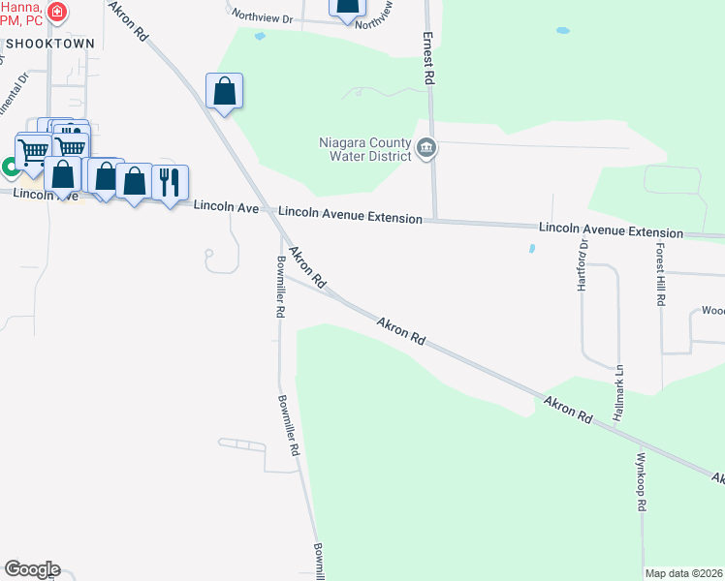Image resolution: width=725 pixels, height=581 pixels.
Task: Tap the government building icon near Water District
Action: pos(426,149)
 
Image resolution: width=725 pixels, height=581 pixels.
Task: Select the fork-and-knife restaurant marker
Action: pos(170,181)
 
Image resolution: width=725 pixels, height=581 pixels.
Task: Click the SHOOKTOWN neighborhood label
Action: pos(49,44)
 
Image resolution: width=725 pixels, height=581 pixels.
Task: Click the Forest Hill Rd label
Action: pos(658,274)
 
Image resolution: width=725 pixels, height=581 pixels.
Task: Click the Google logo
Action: pos(31,569)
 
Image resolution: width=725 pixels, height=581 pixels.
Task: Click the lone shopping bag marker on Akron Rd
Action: pos(224,92)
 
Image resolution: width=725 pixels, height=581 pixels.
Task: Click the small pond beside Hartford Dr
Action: pos(531,249)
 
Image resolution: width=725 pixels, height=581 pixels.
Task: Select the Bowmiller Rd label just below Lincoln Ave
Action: pos(279,288)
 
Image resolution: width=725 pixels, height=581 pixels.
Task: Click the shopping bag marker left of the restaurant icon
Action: pos(134,180)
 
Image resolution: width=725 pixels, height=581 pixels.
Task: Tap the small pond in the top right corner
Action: pos(563,30)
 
